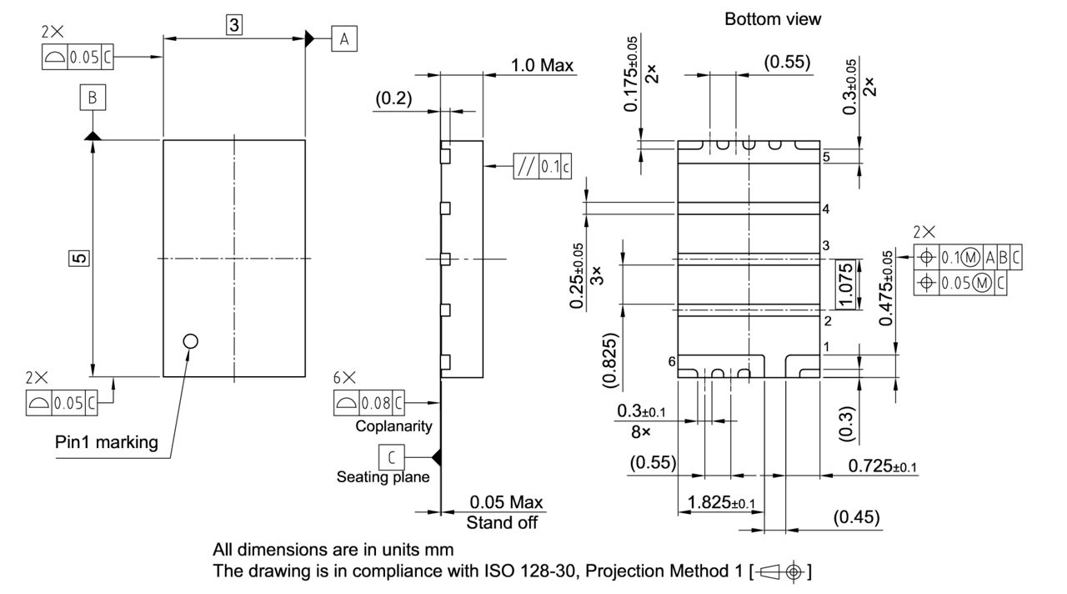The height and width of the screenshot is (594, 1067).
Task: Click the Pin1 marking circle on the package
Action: click(190, 340)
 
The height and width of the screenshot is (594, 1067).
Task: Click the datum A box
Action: click(343, 38)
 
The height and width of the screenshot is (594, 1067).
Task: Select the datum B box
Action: click(93, 98)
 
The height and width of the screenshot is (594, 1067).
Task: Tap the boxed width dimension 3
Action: click(234, 26)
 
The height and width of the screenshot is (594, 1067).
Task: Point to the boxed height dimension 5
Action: click(78, 259)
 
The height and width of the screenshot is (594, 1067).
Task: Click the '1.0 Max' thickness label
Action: click(542, 65)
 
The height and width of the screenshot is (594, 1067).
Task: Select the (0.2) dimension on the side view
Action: click(393, 98)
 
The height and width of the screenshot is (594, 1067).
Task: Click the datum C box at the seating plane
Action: click(391, 457)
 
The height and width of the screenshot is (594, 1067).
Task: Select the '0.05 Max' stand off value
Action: click(505, 502)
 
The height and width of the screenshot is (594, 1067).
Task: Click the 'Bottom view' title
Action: click(772, 19)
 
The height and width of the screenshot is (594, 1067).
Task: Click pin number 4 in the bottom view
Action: click(825, 209)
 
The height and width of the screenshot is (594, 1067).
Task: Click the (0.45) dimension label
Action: click(856, 517)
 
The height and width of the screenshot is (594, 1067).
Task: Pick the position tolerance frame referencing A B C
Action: click(967, 258)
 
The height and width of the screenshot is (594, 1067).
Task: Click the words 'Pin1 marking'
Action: click(106, 442)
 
